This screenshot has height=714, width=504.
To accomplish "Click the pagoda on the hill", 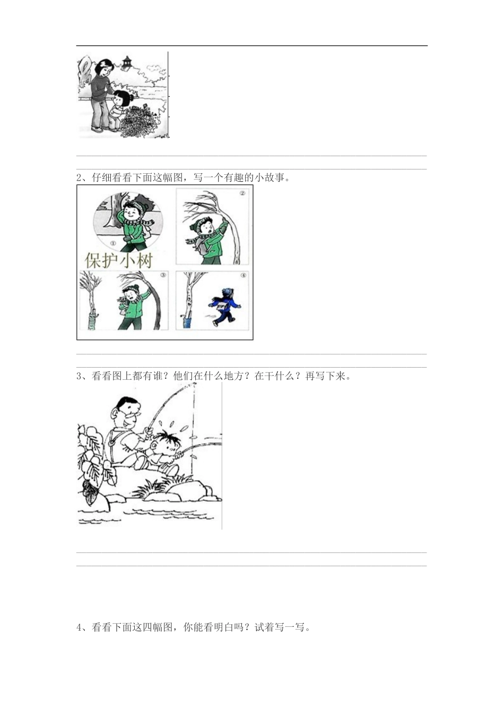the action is click(x=127, y=62).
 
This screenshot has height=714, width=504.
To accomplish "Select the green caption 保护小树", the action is click(x=119, y=261).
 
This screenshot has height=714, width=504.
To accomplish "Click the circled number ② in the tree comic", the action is click(x=242, y=193).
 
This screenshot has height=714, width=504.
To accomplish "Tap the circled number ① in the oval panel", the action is click(x=112, y=243).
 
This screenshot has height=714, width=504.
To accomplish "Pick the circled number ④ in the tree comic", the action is click(x=243, y=275).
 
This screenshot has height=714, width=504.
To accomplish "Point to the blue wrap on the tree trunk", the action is click(x=187, y=323).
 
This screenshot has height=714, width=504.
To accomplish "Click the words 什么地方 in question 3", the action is click(x=224, y=376).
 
